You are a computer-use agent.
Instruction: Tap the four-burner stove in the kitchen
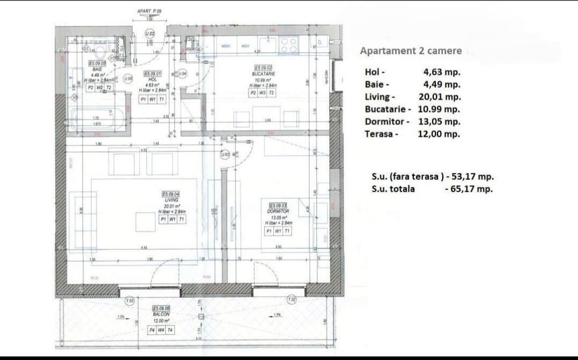(288, 46)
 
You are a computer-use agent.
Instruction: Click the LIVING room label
(172, 199)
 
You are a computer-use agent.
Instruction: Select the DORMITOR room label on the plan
(278, 211)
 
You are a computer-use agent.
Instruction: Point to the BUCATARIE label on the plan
(263, 74)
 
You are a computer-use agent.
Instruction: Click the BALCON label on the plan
(161, 313)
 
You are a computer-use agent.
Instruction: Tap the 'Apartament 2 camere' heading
(411, 51)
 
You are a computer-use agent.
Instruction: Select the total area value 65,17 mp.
(472, 189)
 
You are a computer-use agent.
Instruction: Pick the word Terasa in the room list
(381, 134)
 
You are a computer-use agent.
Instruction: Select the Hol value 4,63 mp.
(442, 71)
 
